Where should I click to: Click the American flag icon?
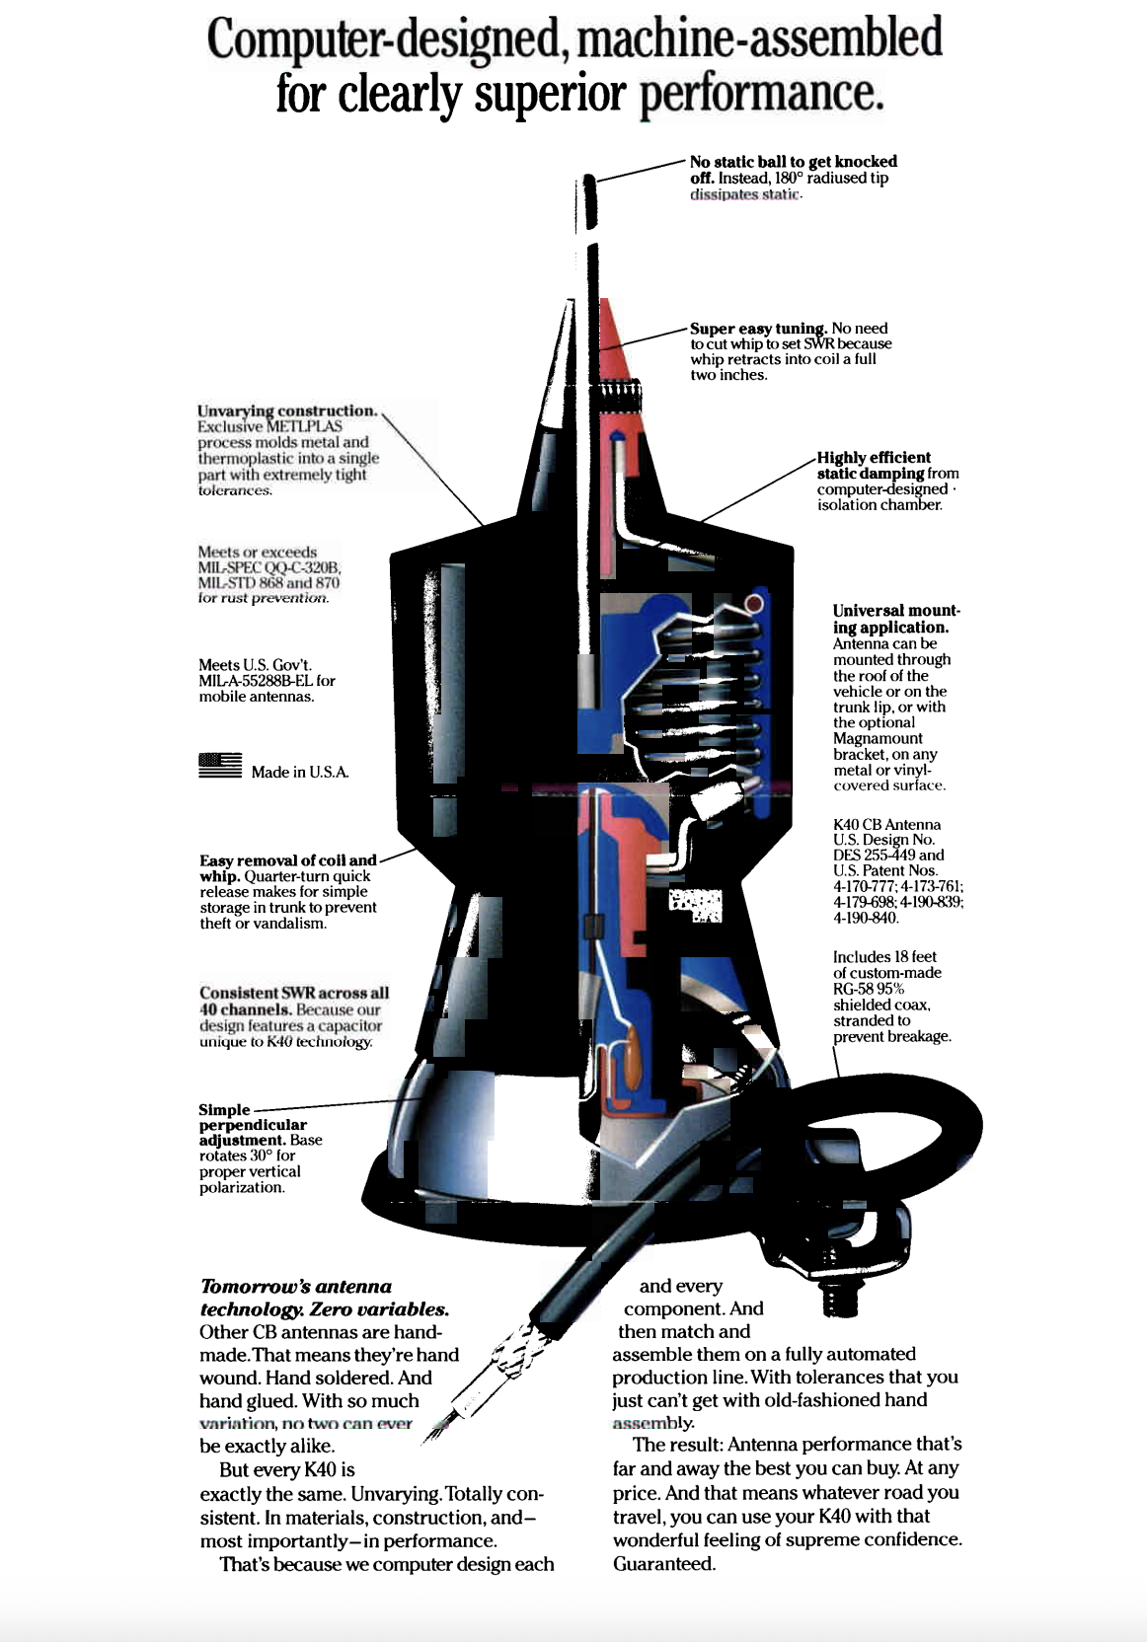220,766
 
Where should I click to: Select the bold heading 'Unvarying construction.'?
286,410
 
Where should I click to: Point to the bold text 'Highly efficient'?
874,457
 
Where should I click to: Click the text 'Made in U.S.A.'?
300,772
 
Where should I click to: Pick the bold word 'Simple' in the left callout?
224,1109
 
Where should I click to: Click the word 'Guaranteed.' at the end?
663,1563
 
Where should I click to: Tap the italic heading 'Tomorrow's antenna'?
296,1286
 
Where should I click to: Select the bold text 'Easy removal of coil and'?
288,859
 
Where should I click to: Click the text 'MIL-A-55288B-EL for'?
267,680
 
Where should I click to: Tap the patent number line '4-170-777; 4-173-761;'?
897,886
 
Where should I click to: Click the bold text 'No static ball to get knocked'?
793,161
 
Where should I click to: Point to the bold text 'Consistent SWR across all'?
294,993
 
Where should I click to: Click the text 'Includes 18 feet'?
884,956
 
